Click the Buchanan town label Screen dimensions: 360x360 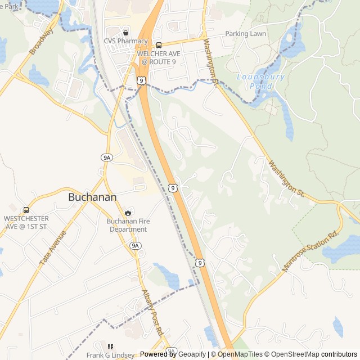[92, 197]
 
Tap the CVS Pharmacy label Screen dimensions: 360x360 [126, 41]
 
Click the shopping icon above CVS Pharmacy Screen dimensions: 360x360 [125, 33]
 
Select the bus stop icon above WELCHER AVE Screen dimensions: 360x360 [159, 46]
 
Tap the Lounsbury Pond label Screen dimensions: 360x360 [261, 81]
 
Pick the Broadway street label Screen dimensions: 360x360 [41, 41]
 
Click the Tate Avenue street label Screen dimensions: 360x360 [53, 248]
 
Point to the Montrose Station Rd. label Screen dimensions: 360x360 [312, 251]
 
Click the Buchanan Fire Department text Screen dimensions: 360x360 [128, 225]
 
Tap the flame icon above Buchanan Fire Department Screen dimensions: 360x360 [128, 213]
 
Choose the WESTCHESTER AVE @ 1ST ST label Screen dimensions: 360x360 [26, 222]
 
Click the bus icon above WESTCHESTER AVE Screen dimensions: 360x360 [26, 209]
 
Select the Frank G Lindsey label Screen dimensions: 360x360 [110, 355]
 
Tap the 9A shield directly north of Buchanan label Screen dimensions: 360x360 [107, 157]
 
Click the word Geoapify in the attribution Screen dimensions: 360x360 [192, 354]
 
